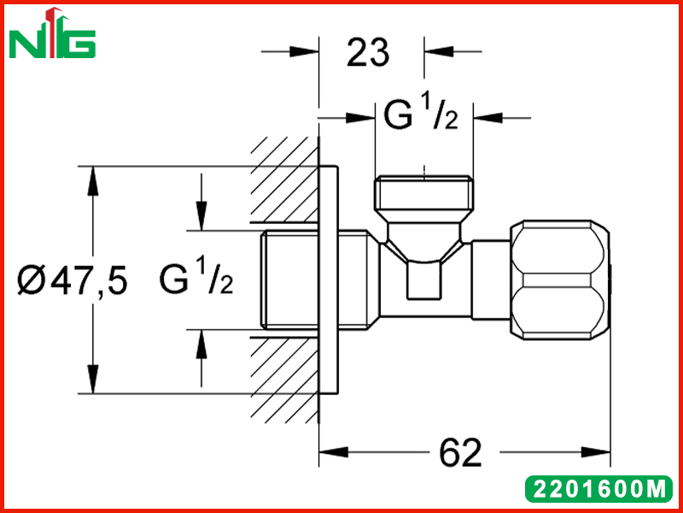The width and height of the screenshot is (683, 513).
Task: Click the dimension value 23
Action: coord(368,53)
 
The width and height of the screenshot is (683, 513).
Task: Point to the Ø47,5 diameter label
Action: coord(73,280)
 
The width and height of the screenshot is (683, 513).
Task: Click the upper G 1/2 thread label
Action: coord(421,115)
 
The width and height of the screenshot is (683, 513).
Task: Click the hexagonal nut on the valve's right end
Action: coord(560,280)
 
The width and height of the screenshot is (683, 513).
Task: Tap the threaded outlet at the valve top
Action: coord(424,192)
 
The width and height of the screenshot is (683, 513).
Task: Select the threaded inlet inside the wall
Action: coord(290,280)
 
